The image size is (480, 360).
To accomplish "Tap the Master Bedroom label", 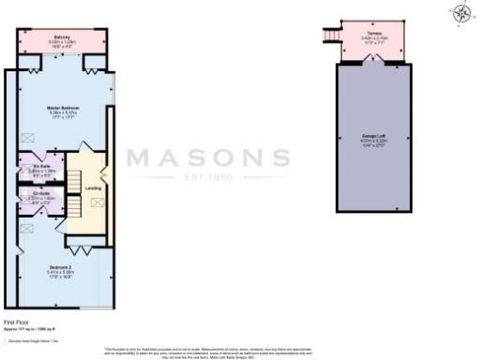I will [63, 108].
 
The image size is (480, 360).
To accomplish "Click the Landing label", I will [94, 187].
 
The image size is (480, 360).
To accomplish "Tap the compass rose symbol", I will [462, 12].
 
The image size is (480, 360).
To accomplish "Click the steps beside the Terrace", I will [330, 35].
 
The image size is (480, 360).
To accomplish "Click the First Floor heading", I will [18, 322].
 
